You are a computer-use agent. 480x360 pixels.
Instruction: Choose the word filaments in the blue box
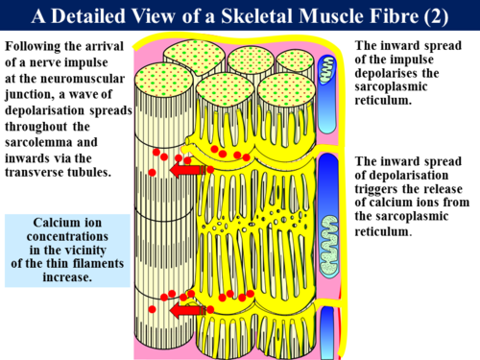[x=96, y=262]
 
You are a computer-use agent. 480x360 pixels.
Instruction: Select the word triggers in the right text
[x=381, y=190]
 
